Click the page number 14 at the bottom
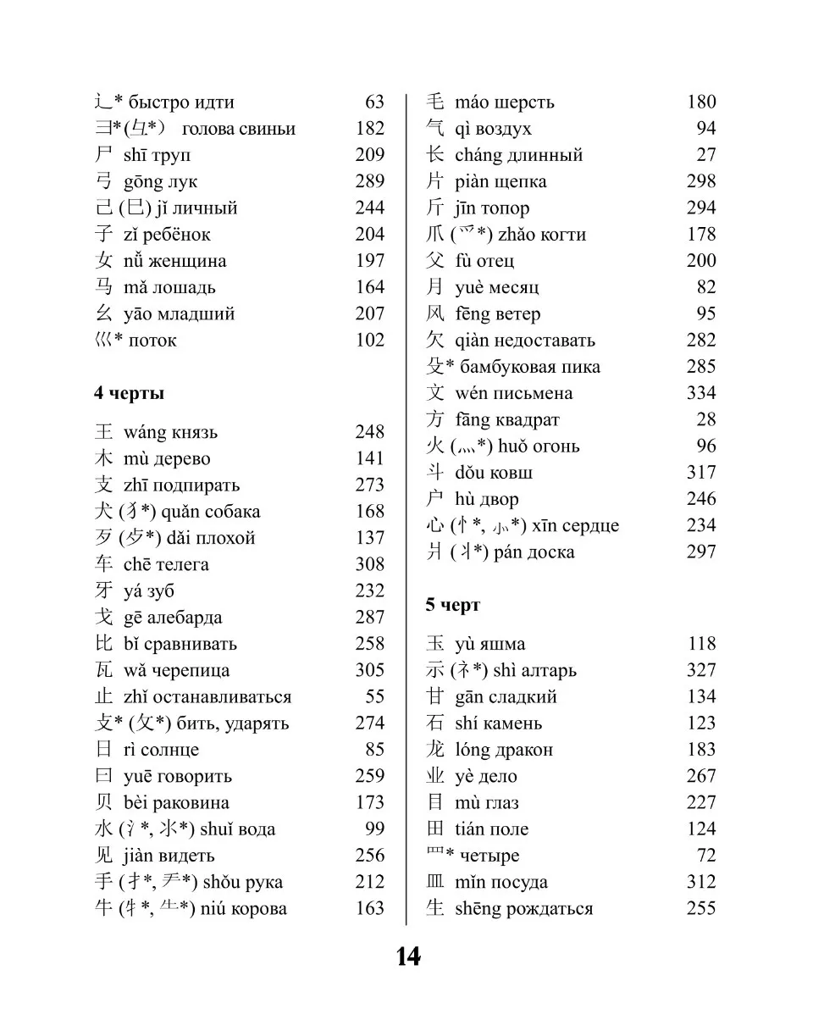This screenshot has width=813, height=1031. (x=407, y=956)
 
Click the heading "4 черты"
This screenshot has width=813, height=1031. (x=129, y=394)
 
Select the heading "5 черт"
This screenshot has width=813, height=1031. (x=452, y=605)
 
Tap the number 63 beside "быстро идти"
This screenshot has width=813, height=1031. (x=374, y=103)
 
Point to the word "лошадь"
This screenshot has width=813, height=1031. (x=184, y=288)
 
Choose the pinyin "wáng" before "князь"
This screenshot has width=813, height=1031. (x=145, y=433)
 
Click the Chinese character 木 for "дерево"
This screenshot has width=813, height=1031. (x=104, y=459)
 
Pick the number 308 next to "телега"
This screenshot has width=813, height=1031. (x=369, y=564)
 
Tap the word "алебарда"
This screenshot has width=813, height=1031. (x=184, y=618)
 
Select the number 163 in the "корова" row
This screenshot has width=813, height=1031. (x=369, y=908)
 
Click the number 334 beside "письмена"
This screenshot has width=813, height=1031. (x=700, y=393)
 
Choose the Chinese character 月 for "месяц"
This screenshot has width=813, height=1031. (x=435, y=288)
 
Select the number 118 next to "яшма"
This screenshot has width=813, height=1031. (x=701, y=644)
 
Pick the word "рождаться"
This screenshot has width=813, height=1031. (x=550, y=909)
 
